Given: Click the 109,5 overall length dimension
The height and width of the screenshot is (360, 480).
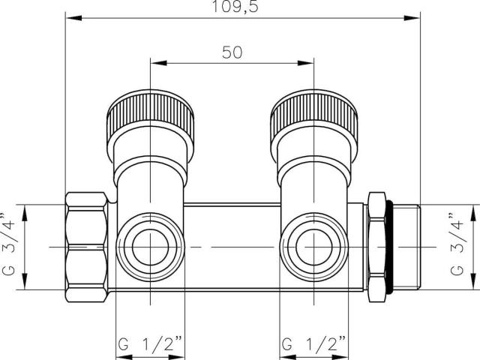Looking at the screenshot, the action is pos(235,7).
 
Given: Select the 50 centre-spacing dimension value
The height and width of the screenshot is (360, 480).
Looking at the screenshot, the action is pos(232,52).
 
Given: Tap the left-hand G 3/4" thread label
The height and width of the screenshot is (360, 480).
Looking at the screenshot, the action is pos(8,244).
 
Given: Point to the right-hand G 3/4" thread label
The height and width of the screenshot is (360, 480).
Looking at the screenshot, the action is pos(457,244).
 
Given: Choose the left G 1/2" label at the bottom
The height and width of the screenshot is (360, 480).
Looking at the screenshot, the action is pos(150,344).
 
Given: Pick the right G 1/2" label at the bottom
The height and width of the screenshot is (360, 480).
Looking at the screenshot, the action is pos(313,344).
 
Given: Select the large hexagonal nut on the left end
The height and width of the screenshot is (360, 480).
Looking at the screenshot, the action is pos(87,247).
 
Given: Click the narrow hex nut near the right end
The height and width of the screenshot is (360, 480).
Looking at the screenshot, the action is pos(376,247).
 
